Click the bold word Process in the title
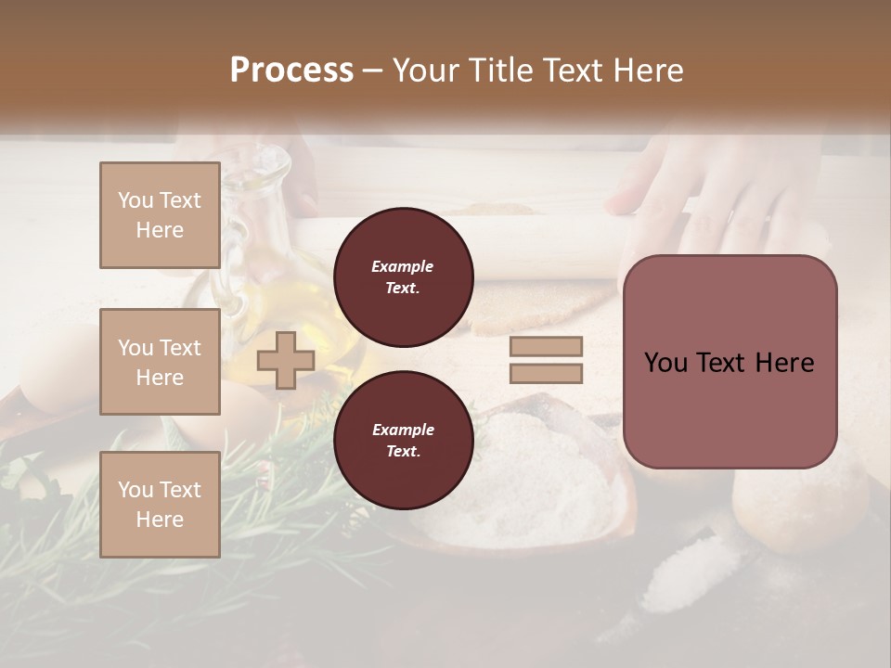click(x=291, y=71)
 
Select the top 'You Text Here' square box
click(x=160, y=215)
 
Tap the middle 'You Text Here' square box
click(x=160, y=362)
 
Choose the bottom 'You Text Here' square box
click(x=160, y=505)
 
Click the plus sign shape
click(x=286, y=360)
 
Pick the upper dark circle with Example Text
click(x=403, y=276)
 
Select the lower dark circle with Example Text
click(x=403, y=440)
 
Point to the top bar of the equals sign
click(x=546, y=347)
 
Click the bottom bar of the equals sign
click(x=546, y=374)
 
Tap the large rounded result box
click(x=730, y=362)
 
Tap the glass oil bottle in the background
click(x=251, y=278)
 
